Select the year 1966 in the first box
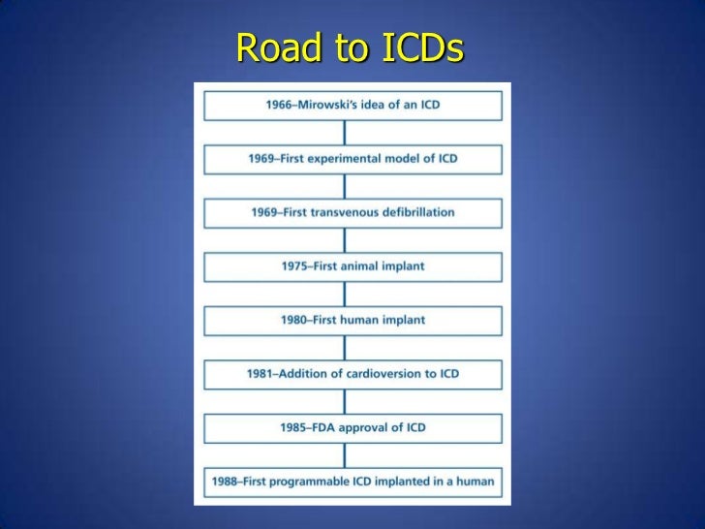pyautogui.click(x=282, y=105)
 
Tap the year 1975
pyautogui.click(x=295, y=265)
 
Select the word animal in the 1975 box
pyautogui.click(x=367, y=265)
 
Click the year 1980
pyautogui.click(x=295, y=320)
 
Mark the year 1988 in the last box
pyautogui.click(x=228, y=481)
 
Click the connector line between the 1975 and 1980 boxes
pyautogui.click(x=352, y=293)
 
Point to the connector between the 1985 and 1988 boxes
pyautogui.click(x=352, y=453)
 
